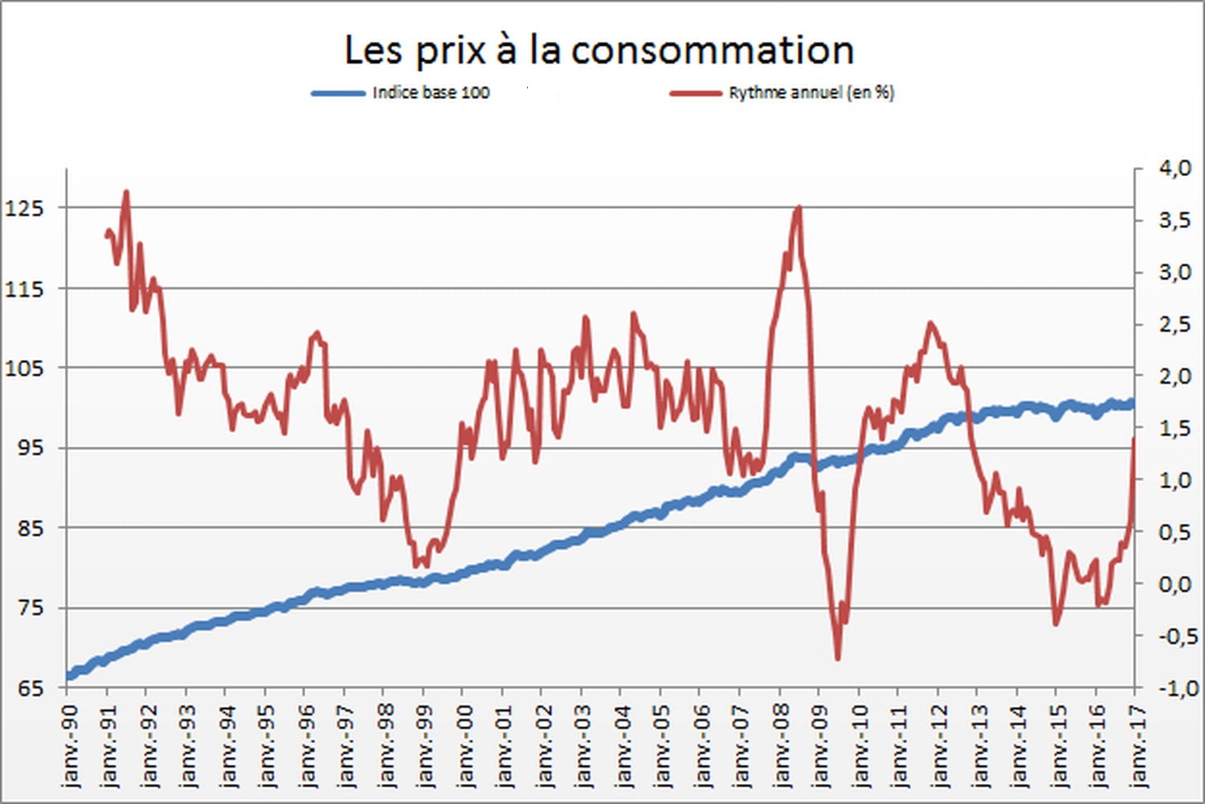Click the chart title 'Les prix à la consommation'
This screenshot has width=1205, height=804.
[598, 50]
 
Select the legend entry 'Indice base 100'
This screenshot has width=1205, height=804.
[431, 92]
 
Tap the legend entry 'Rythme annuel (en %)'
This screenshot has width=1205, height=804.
[811, 92]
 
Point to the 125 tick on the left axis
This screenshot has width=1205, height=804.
[24, 208]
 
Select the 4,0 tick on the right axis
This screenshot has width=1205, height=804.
[1174, 168]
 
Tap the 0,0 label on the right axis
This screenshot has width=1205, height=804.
[1174, 584]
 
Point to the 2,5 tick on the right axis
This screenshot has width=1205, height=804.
[1174, 324]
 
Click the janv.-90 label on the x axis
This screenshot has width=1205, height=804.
[70, 743]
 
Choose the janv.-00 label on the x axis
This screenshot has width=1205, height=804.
[465, 743]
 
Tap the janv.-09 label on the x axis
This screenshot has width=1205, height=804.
[822, 743]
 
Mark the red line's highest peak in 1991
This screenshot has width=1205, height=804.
[126, 193]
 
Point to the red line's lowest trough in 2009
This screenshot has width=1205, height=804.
[838, 659]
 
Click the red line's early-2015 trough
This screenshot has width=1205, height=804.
[1056, 623]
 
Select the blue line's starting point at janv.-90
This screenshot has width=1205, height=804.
[68, 676]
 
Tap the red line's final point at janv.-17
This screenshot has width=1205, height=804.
[1134, 439]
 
